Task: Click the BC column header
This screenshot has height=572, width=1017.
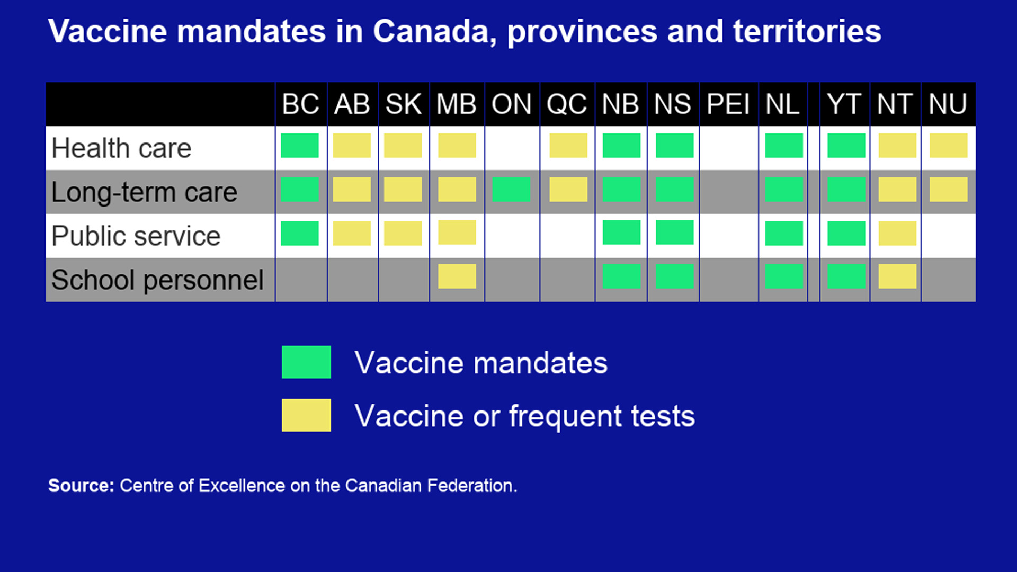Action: click(x=300, y=104)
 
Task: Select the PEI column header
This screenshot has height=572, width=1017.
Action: click(x=728, y=104)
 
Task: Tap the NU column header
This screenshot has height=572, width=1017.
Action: click(x=948, y=104)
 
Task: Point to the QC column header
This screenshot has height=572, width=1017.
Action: click(x=567, y=104)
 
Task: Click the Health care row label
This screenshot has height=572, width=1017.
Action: click(x=121, y=148)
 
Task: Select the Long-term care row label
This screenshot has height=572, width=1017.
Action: click(x=144, y=192)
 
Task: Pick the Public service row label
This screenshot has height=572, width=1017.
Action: click(x=136, y=236)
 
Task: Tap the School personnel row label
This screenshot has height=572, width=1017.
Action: click(x=157, y=280)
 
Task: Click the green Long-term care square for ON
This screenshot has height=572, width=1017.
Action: click(x=511, y=190)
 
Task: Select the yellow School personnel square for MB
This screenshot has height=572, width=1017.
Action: click(x=457, y=276)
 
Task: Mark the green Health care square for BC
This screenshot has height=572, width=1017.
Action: click(x=300, y=146)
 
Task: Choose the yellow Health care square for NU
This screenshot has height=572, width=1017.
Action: click(x=949, y=146)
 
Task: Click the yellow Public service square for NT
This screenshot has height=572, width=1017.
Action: click(x=897, y=233)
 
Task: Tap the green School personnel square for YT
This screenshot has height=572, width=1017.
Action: click(x=846, y=276)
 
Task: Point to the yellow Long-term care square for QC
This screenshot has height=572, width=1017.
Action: click(x=568, y=190)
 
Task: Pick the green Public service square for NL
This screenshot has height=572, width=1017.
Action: click(x=784, y=233)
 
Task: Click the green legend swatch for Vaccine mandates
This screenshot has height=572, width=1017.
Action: click(x=306, y=362)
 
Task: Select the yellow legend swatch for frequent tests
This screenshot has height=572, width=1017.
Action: click(x=306, y=415)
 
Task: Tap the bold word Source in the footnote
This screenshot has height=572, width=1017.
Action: click(x=81, y=486)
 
